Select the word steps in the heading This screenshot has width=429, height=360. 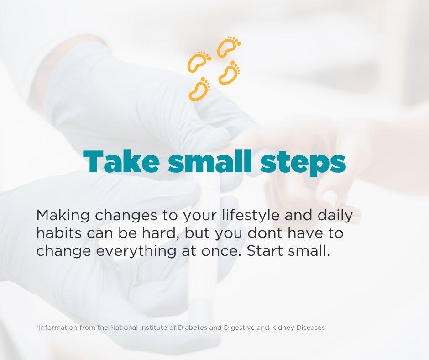(303, 164)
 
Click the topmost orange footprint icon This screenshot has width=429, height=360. (229, 47)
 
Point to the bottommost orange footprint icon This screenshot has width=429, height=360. (199, 89)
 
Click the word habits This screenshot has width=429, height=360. (59, 233)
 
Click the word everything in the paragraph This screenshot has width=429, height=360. (136, 252)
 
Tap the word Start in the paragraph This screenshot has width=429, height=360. (265, 251)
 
